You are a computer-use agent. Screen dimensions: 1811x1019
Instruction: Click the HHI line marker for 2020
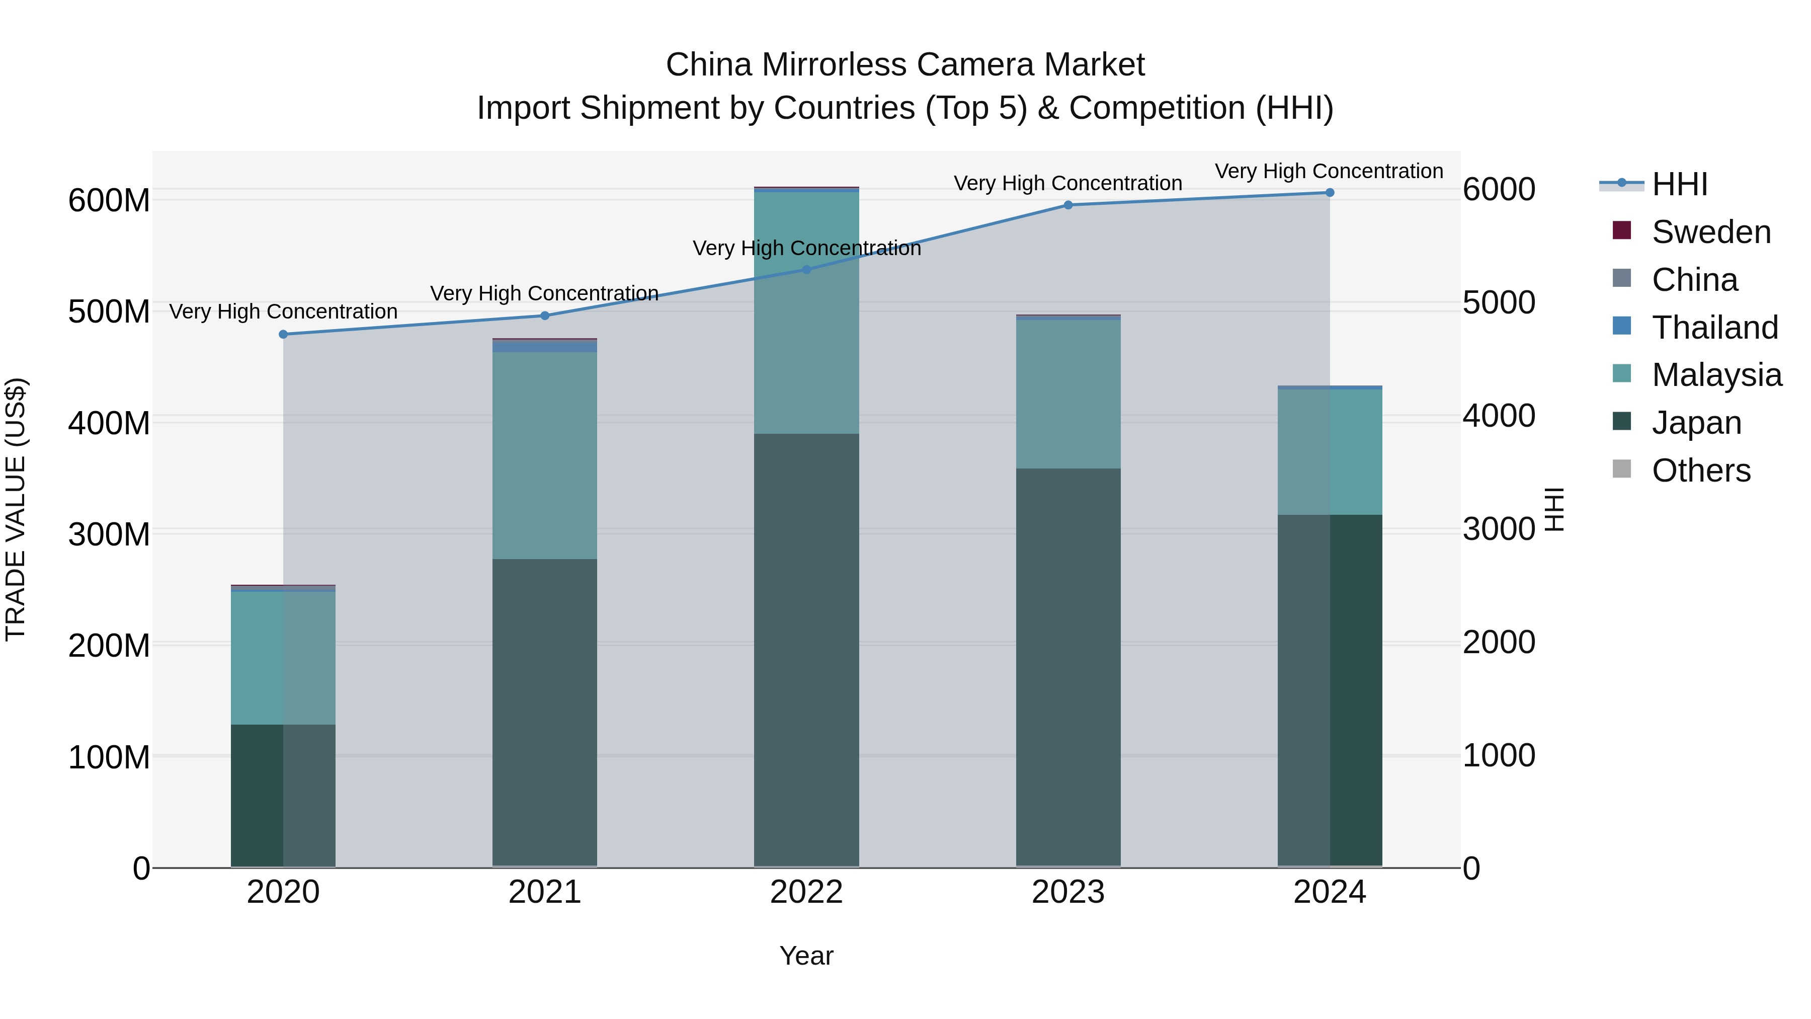(283, 334)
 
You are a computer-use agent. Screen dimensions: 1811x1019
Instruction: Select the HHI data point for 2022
(806, 269)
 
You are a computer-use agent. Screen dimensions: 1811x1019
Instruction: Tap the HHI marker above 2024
(1330, 193)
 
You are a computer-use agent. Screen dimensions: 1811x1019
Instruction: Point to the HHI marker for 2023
(1068, 205)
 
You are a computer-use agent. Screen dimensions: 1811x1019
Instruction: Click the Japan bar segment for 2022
(806, 650)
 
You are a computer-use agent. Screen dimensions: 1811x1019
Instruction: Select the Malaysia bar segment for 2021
(545, 456)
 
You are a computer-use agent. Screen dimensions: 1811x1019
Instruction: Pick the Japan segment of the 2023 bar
(1068, 667)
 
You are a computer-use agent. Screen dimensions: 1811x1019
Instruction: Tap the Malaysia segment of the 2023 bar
(1068, 395)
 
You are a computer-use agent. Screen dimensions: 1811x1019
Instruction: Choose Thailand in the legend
(1694, 327)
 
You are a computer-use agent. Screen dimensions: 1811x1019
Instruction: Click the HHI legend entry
(1654, 184)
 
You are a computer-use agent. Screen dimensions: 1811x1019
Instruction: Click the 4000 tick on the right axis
(1499, 416)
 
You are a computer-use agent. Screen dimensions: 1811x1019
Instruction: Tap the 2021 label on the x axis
(545, 892)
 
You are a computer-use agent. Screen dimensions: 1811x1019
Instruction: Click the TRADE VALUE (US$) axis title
(16, 509)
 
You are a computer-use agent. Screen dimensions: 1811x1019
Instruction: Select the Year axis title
(806, 956)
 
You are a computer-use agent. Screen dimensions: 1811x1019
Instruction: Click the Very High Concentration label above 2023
(1068, 183)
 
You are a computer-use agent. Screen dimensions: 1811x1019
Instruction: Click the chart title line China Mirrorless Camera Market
(906, 65)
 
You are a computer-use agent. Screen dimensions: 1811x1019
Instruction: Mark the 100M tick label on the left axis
(109, 757)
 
